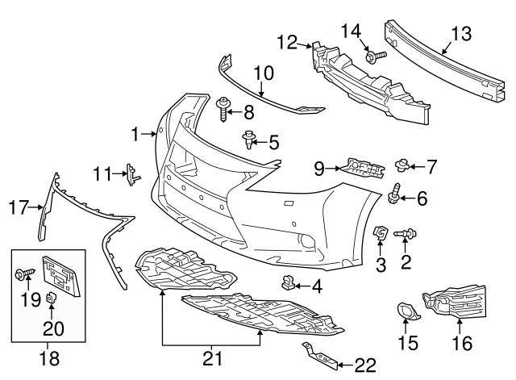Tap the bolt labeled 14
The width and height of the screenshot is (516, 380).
coord(373,56)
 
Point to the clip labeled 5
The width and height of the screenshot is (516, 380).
coord(249,143)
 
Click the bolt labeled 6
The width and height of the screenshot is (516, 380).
coord(395,194)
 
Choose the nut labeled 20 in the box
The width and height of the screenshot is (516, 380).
coord(50,299)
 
